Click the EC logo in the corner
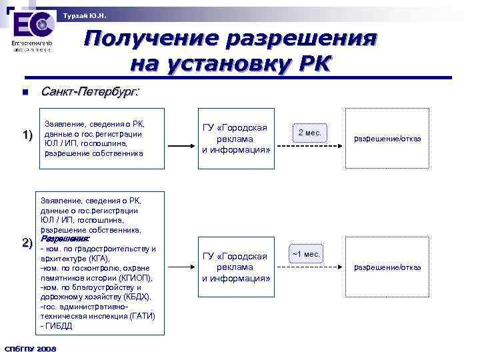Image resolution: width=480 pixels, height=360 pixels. tap(32, 27)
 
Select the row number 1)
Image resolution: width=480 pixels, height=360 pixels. tap(27, 136)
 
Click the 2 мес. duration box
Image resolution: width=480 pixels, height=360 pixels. tap(309, 133)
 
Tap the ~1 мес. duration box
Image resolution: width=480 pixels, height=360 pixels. tap(306, 254)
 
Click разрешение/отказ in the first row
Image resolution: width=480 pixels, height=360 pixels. tap(387, 139)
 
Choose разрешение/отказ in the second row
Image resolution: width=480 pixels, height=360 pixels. tap(387, 267)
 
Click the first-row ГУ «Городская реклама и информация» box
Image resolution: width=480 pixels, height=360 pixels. tap(235, 139)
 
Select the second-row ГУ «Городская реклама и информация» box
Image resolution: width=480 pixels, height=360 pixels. tap(235, 267)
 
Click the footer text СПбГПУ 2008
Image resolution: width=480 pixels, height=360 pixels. tap(30, 349)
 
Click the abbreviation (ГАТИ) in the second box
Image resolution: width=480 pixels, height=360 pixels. tap(137, 316)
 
